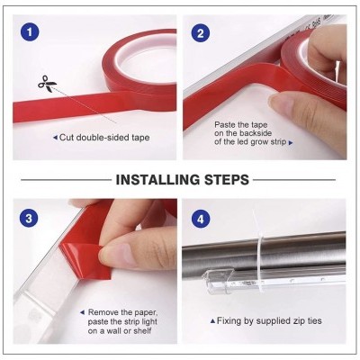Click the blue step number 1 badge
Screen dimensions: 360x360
click(x=30, y=32)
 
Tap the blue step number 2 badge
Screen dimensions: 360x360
click(x=201, y=32)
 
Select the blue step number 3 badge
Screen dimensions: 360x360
click(x=29, y=218)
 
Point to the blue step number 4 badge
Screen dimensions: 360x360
click(x=201, y=219)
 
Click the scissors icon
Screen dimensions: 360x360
click(x=47, y=84)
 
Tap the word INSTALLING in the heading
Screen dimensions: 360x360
click(x=157, y=180)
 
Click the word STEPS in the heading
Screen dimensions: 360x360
click(x=227, y=180)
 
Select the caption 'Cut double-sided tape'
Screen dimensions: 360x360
click(x=104, y=138)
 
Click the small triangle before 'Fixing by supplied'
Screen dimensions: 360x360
click(x=212, y=321)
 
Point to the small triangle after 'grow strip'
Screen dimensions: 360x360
click(x=291, y=143)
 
